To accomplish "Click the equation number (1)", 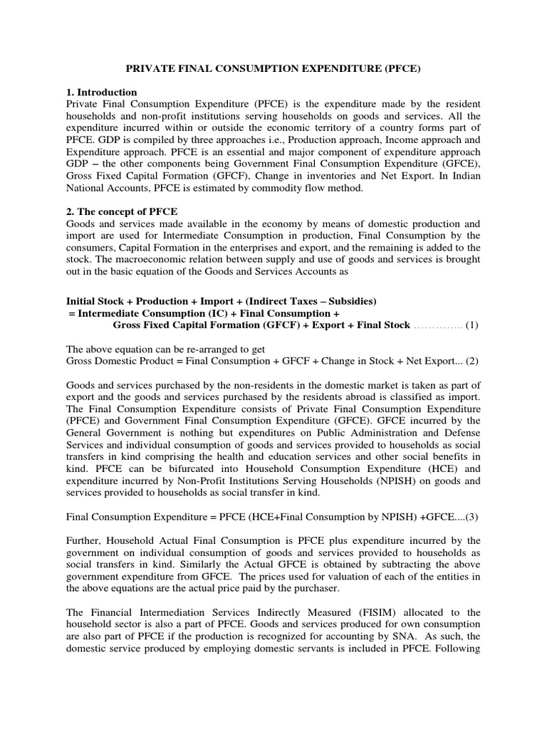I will pos(472,325).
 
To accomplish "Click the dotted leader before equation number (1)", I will pos(438,326).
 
